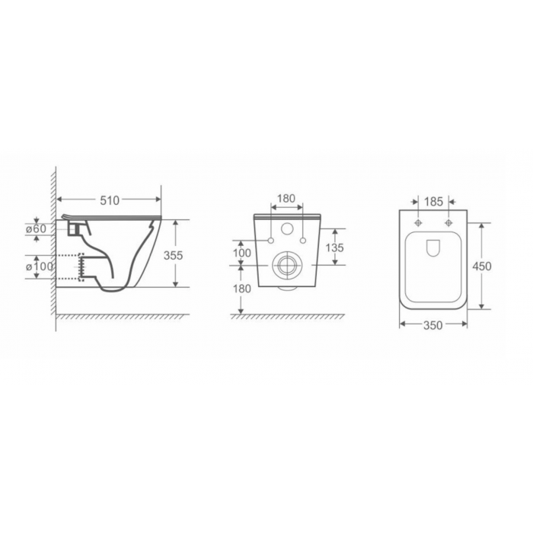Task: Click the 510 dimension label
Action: [110, 200]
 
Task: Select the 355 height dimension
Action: [173, 255]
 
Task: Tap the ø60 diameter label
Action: [36, 228]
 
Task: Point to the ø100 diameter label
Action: [40, 266]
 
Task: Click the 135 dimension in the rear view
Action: [335, 247]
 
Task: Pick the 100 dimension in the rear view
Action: [242, 253]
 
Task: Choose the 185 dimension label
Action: [433, 202]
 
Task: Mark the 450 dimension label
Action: [482, 266]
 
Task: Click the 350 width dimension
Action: [433, 325]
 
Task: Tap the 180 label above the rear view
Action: [286, 199]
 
